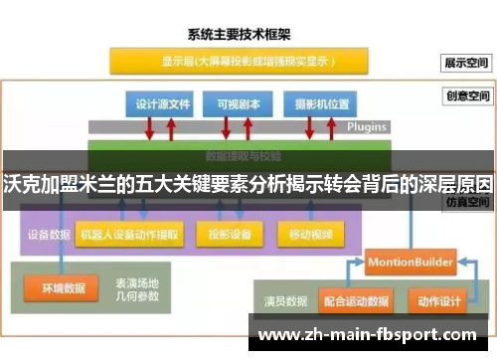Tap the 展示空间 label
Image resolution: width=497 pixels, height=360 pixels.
pos(468,62)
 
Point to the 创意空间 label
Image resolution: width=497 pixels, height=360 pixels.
pos(468,97)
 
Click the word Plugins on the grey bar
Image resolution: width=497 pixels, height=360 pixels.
pos(366,127)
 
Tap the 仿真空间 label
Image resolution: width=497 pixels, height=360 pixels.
pos(468,201)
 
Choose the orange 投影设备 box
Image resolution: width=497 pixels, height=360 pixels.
pos(231,236)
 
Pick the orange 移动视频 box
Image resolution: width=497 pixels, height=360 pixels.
pos(308,236)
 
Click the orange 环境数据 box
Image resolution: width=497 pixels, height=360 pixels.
pos(63,289)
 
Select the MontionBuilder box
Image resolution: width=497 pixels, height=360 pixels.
pos(411,262)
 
